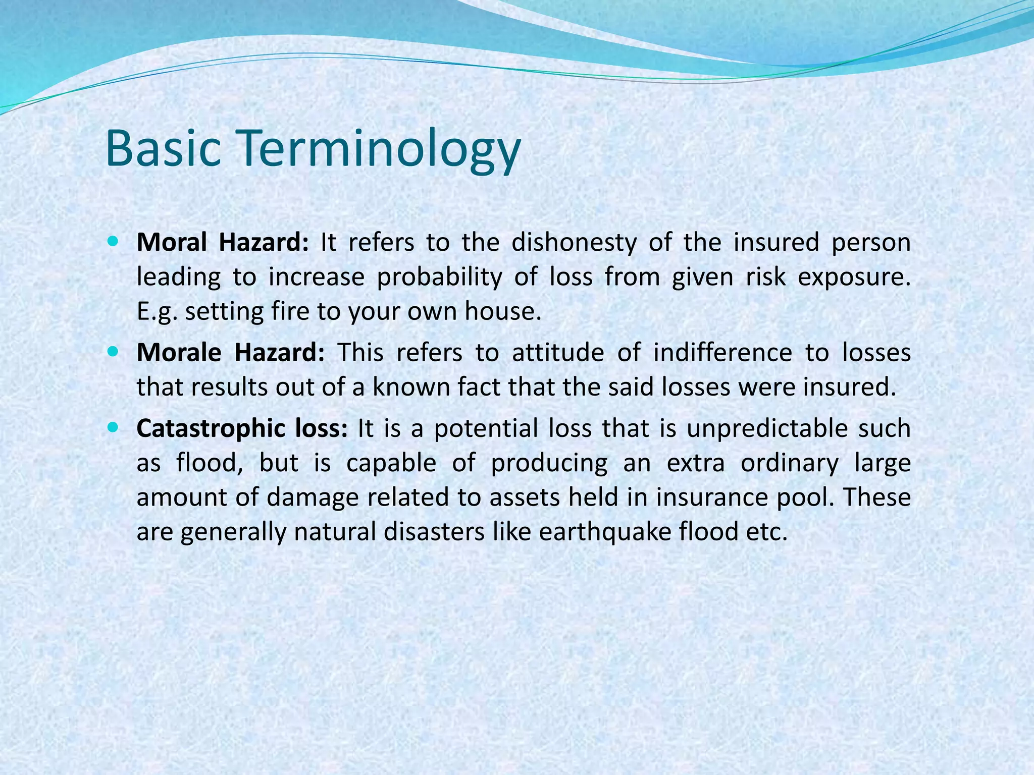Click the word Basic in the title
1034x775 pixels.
click(164, 149)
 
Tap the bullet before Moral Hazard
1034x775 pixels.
click(113, 242)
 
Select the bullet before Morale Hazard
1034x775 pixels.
click(113, 352)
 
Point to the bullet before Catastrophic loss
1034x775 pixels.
click(113, 428)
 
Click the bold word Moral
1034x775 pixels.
click(172, 242)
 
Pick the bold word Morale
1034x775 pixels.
click(179, 352)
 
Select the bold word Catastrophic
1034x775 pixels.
click(211, 429)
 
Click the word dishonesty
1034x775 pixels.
click(574, 243)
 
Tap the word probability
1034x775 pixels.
click(439, 278)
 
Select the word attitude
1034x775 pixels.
click(558, 352)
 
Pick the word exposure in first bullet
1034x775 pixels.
click(853, 278)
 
